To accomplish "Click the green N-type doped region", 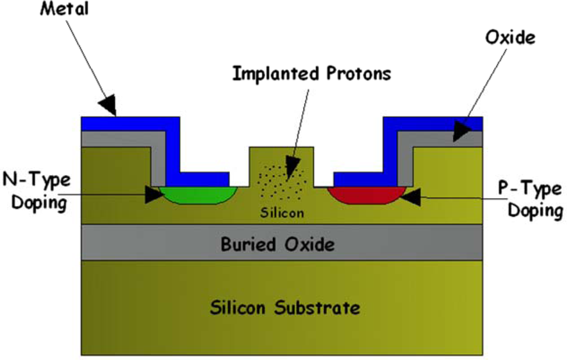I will pyautogui.click(x=198, y=194).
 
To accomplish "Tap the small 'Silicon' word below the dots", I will pyautogui.click(x=282, y=213).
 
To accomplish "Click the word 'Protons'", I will pyautogui.click(x=356, y=74).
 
